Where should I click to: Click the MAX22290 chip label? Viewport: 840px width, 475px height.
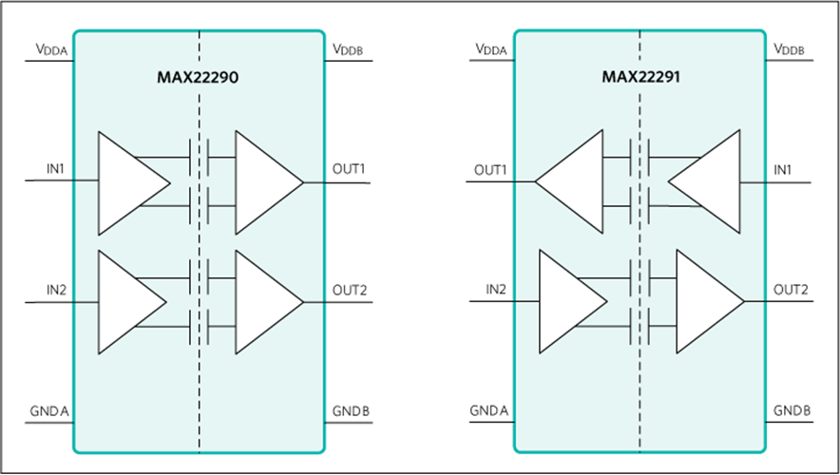pos(198,78)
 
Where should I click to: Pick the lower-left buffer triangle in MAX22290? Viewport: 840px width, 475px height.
pos(129,303)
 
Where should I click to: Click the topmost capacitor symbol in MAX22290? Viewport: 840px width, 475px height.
pos(199,157)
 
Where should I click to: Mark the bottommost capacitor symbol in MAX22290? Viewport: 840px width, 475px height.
pos(199,326)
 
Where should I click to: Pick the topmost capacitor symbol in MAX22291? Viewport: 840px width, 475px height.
pos(640,157)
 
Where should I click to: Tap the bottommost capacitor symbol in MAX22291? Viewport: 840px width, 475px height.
pos(640,326)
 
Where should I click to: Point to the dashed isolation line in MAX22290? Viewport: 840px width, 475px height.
pos(200,399)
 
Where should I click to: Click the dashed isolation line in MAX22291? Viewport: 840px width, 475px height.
pos(640,399)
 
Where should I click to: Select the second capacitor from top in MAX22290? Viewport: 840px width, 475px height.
pos(199,205)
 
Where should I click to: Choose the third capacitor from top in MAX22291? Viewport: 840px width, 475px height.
pos(640,278)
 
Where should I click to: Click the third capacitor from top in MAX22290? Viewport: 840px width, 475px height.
pos(199,278)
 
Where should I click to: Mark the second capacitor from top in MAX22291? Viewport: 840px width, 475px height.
pos(640,205)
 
